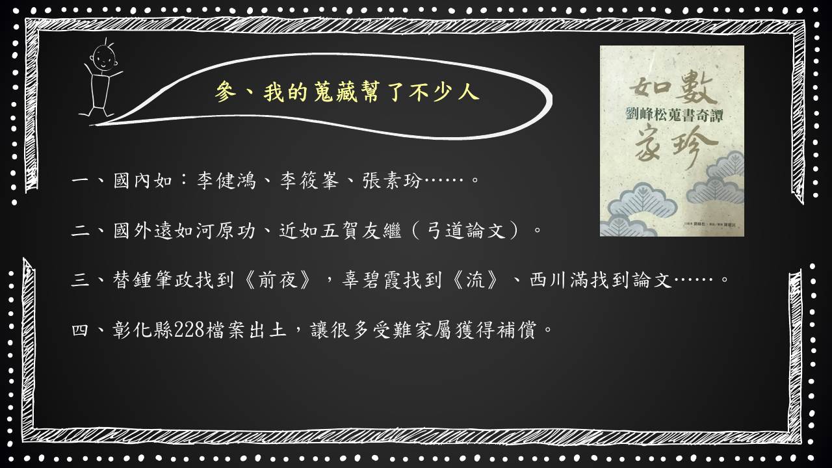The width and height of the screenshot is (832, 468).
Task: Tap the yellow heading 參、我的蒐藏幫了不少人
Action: coord(347,92)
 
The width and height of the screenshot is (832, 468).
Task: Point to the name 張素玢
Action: coord(393,181)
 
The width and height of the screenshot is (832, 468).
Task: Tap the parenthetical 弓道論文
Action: coord(467,231)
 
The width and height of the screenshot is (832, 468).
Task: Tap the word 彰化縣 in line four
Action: coord(143,330)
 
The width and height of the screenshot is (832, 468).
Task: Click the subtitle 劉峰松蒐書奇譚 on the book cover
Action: coord(675,114)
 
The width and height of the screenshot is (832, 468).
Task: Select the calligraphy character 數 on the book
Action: coord(695,87)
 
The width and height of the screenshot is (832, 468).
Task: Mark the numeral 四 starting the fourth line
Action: coord(80,330)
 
